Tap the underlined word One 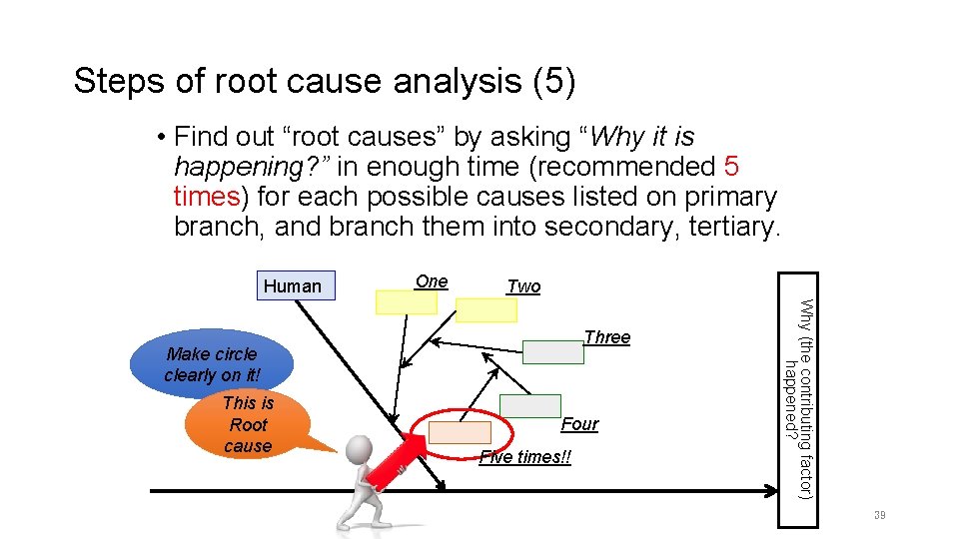(x=432, y=281)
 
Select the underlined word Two (x=523, y=286)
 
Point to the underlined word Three (x=607, y=337)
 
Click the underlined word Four (x=579, y=424)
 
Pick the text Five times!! (x=525, y=458)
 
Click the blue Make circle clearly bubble (x=212, y=365)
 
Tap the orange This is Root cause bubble (x=248, y=424)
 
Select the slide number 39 (x=879, y=515)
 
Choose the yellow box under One (x=406, y=301)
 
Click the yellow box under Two (x=486, y=310)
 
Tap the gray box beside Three (x=553, y=351)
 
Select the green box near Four (x=530, y=405)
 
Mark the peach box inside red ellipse (x=460, y=432)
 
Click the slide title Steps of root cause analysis (x=325, y=82)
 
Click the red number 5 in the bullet (x=731, y=166)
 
